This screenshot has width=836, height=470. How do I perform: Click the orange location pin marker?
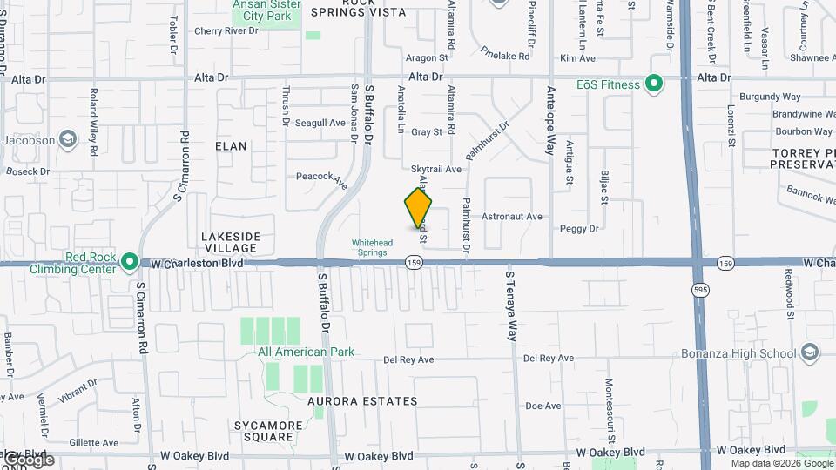tap(418, 209)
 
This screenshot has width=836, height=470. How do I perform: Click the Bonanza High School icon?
tap(811, 352)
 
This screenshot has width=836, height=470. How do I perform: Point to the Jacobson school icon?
tap(67, 140)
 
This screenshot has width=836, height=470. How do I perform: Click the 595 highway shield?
tap(699, 288)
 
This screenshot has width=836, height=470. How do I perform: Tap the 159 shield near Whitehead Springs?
tap(413, 262)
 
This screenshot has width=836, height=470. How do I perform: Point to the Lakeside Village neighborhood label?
tap(230, 242)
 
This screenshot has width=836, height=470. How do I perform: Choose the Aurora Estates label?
tap(363, 401)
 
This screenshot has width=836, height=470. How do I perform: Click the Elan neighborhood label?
tap(232, 146)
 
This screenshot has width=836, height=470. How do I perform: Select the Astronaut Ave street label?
tap(512, 217)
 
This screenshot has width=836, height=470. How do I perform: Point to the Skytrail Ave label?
tap(435, 169)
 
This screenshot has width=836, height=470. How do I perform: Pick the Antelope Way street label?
tap(550, 119)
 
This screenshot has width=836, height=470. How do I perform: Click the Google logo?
tap(28, 460)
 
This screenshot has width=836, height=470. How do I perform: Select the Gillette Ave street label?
tap(93, 442)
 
